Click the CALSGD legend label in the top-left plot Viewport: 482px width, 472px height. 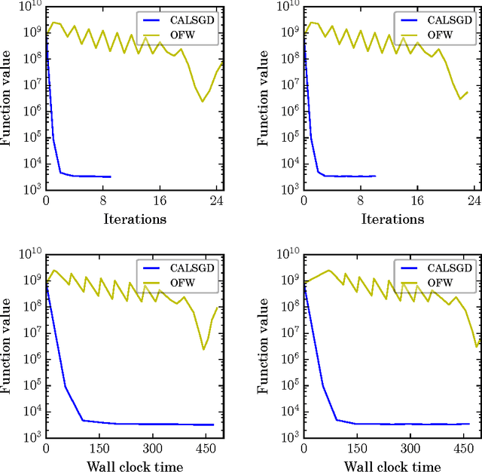coord(198,19)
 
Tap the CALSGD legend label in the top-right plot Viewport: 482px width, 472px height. coord(455,19)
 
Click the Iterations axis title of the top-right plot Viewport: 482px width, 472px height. coord(392,219)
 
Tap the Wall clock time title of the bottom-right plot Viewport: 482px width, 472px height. coord(392,467)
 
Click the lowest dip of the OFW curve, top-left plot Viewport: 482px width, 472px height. coord(202,102)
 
